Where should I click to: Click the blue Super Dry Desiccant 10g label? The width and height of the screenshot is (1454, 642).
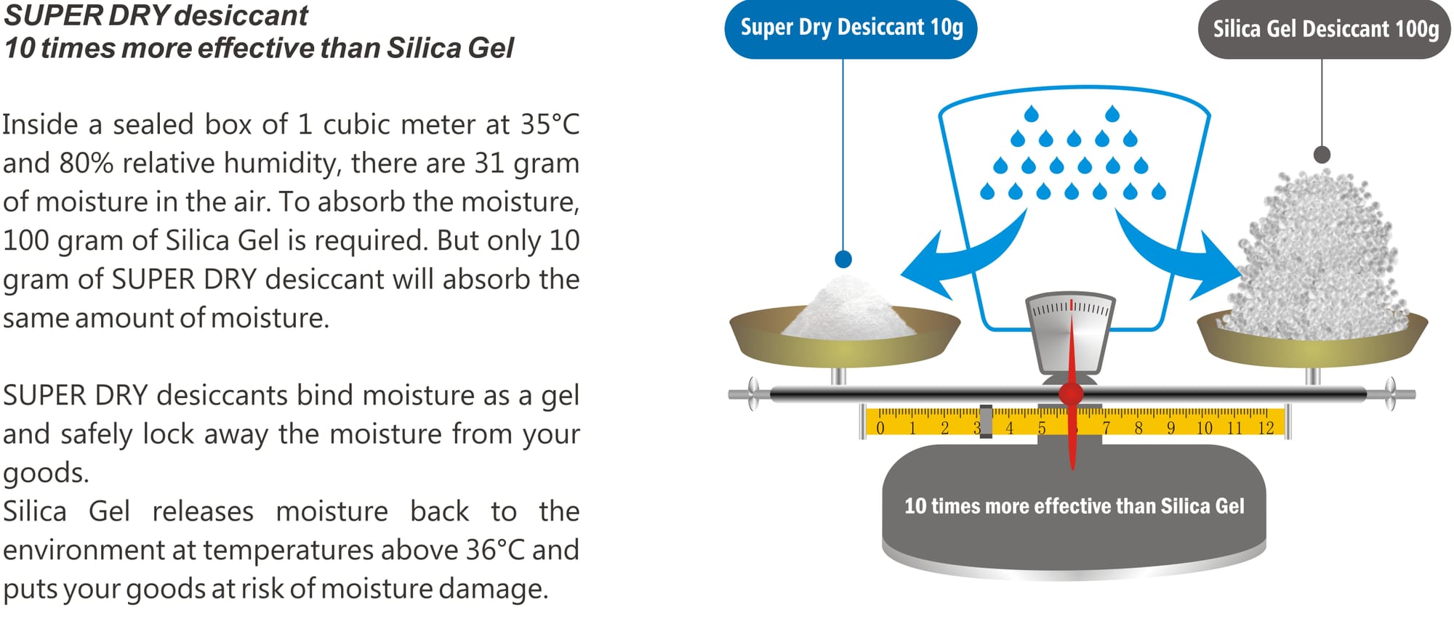coord(851,28)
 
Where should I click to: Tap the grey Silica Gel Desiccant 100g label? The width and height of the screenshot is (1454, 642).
coord(1325,29)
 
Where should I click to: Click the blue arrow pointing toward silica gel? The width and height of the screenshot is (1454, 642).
coord(1178,254)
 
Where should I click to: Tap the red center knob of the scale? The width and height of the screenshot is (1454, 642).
coord(1071,394)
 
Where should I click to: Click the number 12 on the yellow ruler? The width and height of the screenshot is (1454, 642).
coord(1266,428)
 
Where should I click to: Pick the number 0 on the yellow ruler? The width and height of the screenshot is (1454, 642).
coord(880,428)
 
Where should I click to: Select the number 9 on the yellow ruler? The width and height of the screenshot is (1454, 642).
coord(1170,428)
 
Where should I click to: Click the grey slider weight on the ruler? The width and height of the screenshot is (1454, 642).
coord(986,421)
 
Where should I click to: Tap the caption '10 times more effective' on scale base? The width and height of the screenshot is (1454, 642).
coord(1074,506)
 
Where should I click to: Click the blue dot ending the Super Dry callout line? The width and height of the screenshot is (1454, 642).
coord(843,259)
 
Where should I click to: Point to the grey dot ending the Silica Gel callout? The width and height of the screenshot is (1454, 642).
coord(1322,155)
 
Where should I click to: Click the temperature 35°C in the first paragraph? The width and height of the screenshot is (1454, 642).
coord(550,124)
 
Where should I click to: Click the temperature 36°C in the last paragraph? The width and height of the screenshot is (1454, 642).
coord(495,550)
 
